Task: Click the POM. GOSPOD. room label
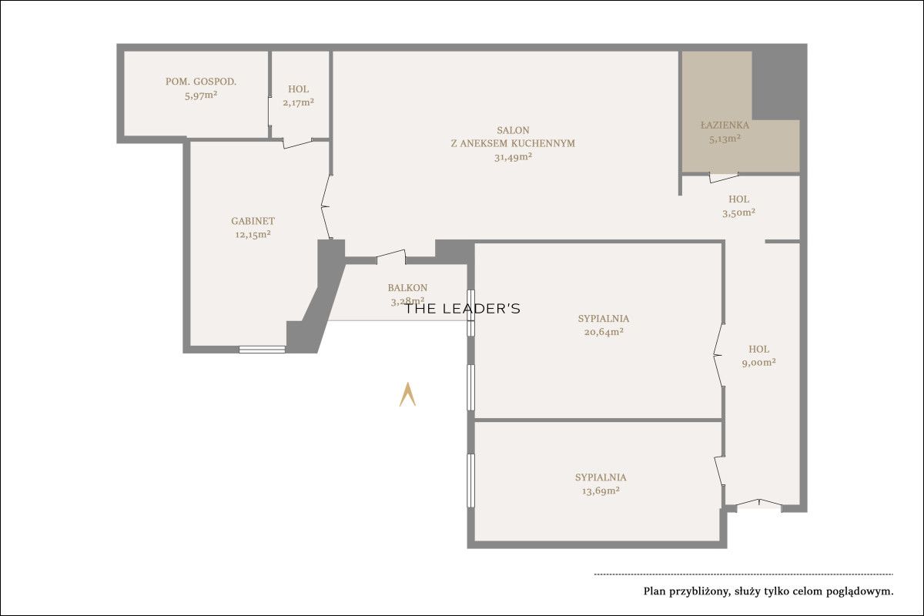pos(201,82)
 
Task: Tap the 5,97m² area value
pos(201,95)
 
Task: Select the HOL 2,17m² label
pos(298,95)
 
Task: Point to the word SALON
pos(513,130)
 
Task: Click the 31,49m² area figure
pos(513,157)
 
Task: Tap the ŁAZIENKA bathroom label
pos(725,125)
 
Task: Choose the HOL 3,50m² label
pos(738,206)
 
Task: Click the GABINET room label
pos(253,221)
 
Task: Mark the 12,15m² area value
pos(253,235)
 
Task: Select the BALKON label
pos(407,287)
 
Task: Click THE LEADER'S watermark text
pos(462,309)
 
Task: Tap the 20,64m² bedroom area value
pos(604,332)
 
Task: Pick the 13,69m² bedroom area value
pos(601,490)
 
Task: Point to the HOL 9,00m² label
pos(758,356)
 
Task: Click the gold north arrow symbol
pos(407,394)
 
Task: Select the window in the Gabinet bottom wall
pos(262,350)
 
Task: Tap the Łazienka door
pos(724,178)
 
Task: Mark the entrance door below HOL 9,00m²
pos(759,505)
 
